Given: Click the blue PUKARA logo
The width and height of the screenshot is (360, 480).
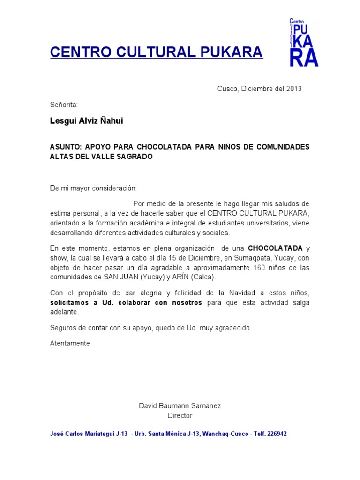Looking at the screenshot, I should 304,42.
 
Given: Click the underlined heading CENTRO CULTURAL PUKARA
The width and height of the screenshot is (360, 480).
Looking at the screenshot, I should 157,52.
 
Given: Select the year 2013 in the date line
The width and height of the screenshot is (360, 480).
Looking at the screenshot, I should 294,89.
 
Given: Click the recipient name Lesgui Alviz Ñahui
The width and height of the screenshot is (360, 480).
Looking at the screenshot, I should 87,121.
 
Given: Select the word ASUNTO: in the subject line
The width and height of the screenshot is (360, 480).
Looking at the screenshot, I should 65,147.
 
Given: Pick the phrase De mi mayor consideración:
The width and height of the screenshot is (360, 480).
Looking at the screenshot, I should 94,188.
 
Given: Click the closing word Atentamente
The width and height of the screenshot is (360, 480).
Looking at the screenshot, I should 69,343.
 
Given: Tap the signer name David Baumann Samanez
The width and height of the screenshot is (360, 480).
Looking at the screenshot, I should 180,405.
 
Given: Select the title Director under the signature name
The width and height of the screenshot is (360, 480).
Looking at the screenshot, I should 180,415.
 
